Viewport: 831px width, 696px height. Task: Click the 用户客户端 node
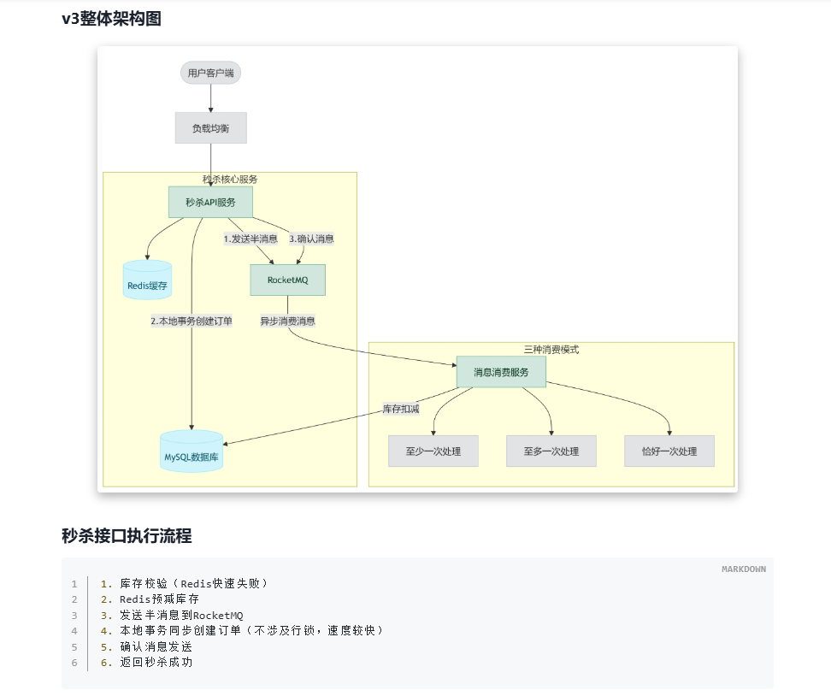point(210,73)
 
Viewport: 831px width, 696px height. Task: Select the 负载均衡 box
point(210,128)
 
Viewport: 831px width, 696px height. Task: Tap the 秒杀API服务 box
point(210,203)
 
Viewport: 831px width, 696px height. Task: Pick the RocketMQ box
point(287,280)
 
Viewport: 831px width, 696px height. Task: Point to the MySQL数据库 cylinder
point(192,456)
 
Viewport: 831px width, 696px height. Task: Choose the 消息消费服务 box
point(501,372)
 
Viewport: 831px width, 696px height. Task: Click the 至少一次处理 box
point(433,451)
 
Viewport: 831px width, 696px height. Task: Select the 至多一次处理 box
point(551,451)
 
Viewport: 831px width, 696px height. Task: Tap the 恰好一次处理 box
point(669,451)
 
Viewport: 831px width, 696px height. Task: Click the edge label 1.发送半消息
point(250,239)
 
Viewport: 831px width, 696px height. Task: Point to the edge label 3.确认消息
point(311,239)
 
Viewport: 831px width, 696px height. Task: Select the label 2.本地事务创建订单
point(192,321)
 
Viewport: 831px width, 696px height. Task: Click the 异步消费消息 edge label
point(287,321)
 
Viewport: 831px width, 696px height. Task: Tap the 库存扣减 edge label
point(401,409)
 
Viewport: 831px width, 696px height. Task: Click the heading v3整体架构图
point(111,19)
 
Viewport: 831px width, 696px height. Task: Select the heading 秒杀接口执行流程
point(127,536)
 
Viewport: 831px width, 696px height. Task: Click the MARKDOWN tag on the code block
point(743,569)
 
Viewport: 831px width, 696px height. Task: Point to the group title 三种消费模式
point(551,350)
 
